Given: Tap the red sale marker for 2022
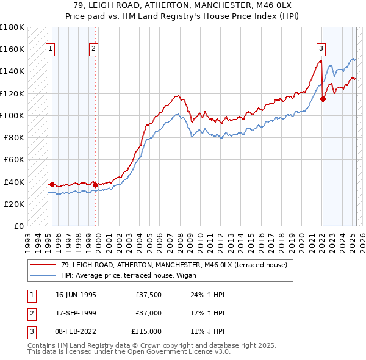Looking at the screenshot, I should tap(323, 99).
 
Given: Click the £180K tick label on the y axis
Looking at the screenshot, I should tap(12, 27).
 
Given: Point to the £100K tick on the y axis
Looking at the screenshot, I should tap(12, 115).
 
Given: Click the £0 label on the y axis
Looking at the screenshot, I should tap(17, 226).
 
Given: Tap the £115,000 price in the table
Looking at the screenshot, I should tap(146, 331).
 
